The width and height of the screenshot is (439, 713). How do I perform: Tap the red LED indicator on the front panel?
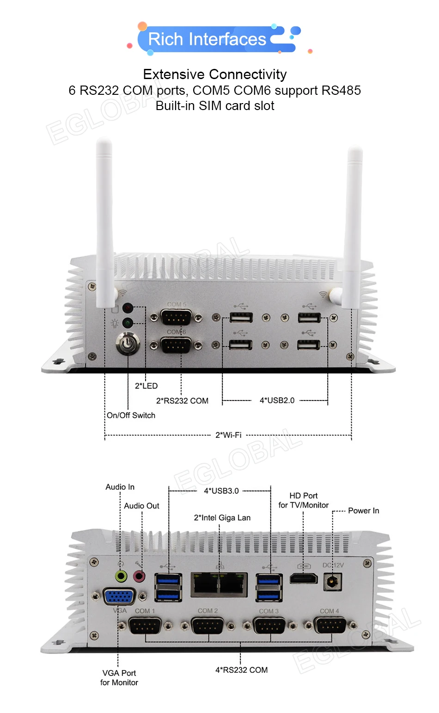click(128, 308)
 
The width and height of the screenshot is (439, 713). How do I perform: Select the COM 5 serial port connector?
click(176, 318)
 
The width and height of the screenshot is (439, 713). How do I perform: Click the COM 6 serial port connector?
click(176, 345)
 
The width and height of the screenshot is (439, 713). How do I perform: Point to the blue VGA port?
click(119, 596)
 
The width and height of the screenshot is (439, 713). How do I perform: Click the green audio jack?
click(121, 576)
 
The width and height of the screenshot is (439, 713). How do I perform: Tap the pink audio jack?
click(139, 576)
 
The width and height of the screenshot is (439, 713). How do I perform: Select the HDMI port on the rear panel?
click(304, 578)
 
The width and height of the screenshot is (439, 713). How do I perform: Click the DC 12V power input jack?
click(332, 581)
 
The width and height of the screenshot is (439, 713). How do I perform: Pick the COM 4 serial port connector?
click(329, 626)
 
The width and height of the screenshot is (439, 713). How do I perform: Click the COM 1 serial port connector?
click(145, 626)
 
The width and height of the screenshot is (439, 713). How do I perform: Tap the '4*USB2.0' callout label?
click(277, 400)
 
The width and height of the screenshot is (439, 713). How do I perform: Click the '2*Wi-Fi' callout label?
click(228, 435)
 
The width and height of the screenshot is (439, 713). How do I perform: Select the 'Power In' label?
click(363, 510)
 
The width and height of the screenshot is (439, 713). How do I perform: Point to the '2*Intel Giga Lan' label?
click(222, 518)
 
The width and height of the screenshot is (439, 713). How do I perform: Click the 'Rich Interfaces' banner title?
click(207, 39)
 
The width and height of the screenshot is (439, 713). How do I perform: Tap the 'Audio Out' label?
click(141, 506)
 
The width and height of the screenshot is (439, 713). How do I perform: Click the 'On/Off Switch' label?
click(131, 415)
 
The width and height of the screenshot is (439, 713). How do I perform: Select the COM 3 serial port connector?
click(269, 626)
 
